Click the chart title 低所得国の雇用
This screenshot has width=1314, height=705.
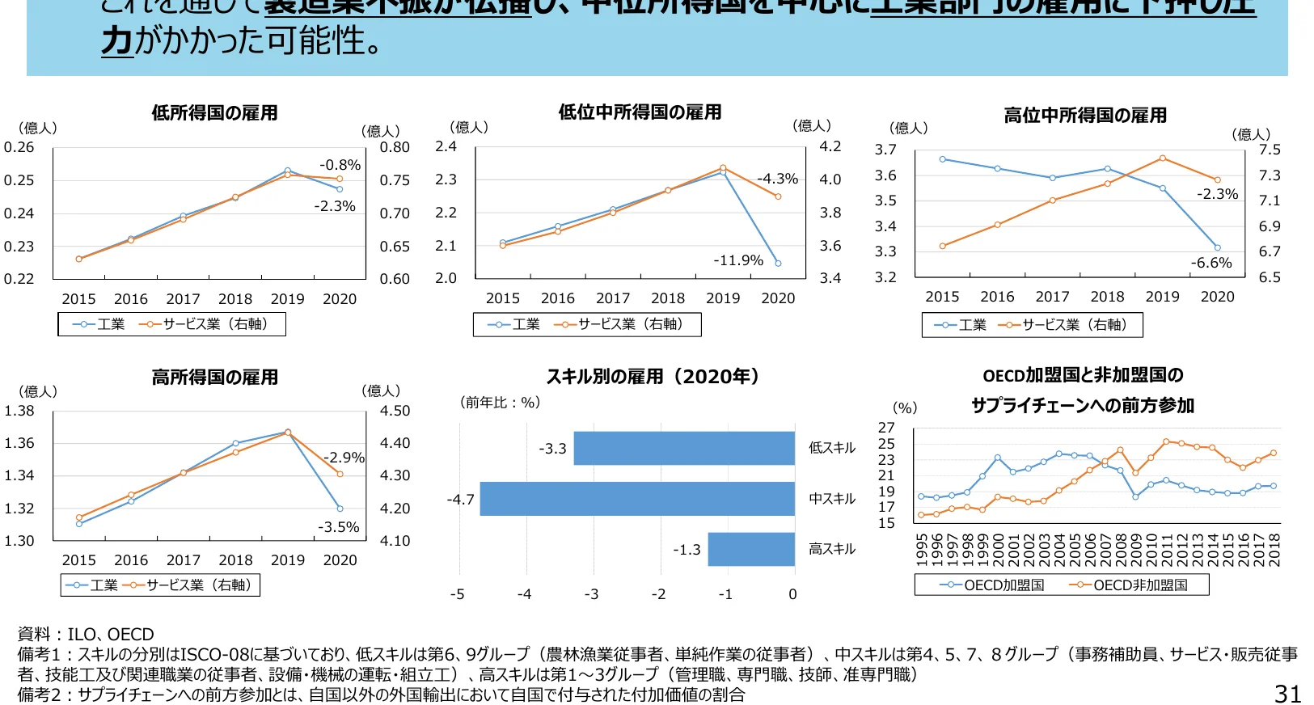tap(214, 113)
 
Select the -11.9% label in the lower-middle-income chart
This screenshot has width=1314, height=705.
tap(737, 260)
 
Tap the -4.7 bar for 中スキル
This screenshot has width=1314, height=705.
tap(637, 499)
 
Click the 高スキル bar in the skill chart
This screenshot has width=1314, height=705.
tap(750, 549)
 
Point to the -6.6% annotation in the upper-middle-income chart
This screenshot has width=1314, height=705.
tap(1210, 263)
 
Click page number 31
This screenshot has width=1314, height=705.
tap(1287, 694)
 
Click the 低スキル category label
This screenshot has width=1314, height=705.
tap(831, 448)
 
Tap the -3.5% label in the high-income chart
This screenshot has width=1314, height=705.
tap(338, 527)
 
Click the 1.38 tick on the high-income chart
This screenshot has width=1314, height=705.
tap(19, 411)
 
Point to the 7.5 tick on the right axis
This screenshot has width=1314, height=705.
tap(1270, 150)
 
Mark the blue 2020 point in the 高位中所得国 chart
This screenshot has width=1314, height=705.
tap(1217, 248)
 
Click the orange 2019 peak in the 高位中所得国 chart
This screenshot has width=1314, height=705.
tap(1162, 158)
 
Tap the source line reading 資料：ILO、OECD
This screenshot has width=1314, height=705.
tap(86, 635)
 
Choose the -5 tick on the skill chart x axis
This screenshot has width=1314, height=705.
tap(457, 594)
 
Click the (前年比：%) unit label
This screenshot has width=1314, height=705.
tap(499, 403)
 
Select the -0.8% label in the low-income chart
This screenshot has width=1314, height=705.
tap(340, 165)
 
